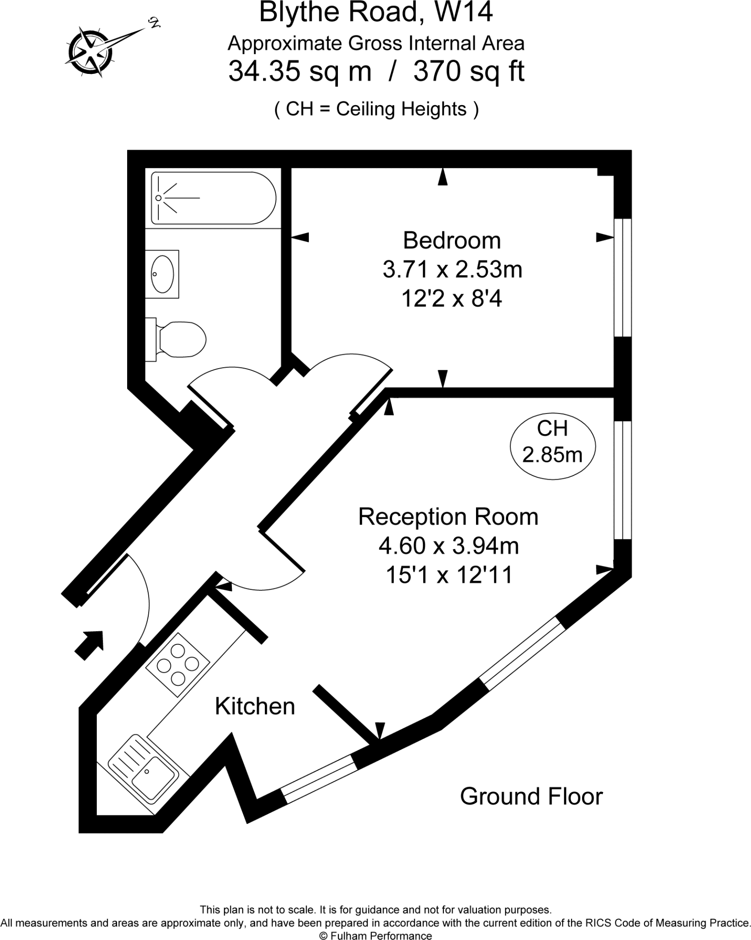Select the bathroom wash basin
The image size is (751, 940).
click(x=163, y=274)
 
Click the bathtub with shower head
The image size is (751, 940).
click(x=213, y=198)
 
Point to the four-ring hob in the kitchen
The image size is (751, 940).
click(x=178, y=664)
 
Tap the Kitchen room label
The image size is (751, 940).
click(x=255, y=706)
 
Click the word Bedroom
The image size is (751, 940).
click(x=452, y=240)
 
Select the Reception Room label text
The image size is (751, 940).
click(x=448, y=516)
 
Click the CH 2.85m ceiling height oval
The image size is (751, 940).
click(x=553, y=442)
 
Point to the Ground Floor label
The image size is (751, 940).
click(x=531, y=796)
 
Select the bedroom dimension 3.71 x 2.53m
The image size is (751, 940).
click(x=453, y=269)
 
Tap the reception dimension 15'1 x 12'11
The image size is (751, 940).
click(x=448, y=575)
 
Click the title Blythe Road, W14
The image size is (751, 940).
click(x=376, y=12)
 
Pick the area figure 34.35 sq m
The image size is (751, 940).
click(x=300, y=71)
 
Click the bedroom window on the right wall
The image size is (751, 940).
click(x=623, y=277)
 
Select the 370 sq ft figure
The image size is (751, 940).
click(x=469, y=71)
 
